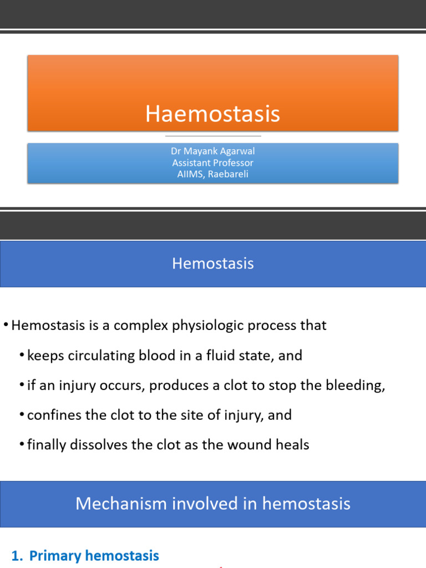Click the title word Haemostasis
212,114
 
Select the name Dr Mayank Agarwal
212,151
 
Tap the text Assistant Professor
212,163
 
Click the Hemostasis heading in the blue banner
212,263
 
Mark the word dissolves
95,445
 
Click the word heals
293,445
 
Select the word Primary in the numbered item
52,556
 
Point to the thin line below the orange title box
212,136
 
